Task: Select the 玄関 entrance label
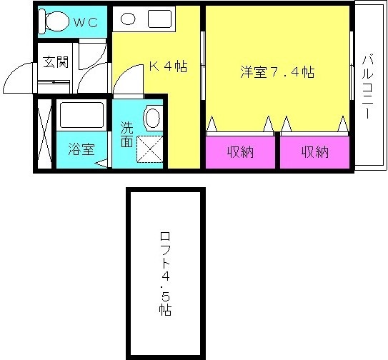point(55,61)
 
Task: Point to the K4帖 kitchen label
point(168,67)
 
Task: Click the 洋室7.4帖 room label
point(277,71)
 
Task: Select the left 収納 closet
point(241,151)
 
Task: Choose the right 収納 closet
point(314,151)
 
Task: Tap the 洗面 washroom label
point(126,135)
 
